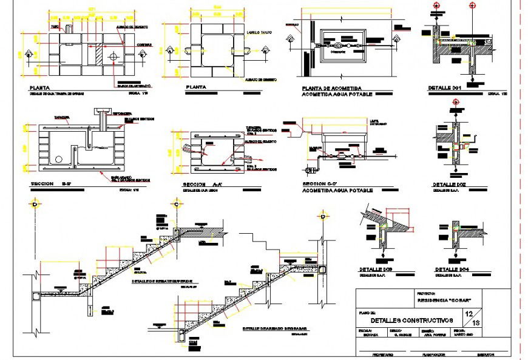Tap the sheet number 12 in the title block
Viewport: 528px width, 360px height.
[469, 314]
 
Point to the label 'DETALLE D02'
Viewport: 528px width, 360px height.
[450, 185]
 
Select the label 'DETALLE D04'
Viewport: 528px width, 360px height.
[452, 270]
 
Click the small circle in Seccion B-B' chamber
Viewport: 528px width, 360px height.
[58, 159]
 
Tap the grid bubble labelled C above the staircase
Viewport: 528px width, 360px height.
[176, 204]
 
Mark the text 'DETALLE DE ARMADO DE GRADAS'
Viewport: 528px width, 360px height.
[275, 329]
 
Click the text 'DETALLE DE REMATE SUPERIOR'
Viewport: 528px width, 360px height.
[162, 281]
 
